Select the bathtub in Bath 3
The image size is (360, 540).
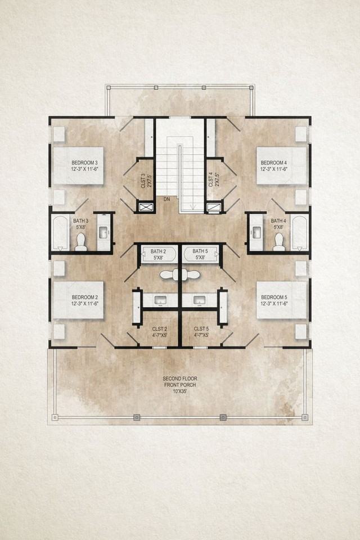(60, 232)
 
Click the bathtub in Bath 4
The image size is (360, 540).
(299, 232)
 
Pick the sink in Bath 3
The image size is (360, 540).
(104, 232)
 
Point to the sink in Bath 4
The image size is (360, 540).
(256, 232)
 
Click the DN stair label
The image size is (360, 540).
(167, 199)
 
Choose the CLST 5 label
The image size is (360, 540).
(201, 332)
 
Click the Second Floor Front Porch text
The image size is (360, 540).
(180, 385)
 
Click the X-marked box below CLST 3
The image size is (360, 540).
(146, 208)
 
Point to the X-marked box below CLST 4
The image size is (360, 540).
(214, 208)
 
